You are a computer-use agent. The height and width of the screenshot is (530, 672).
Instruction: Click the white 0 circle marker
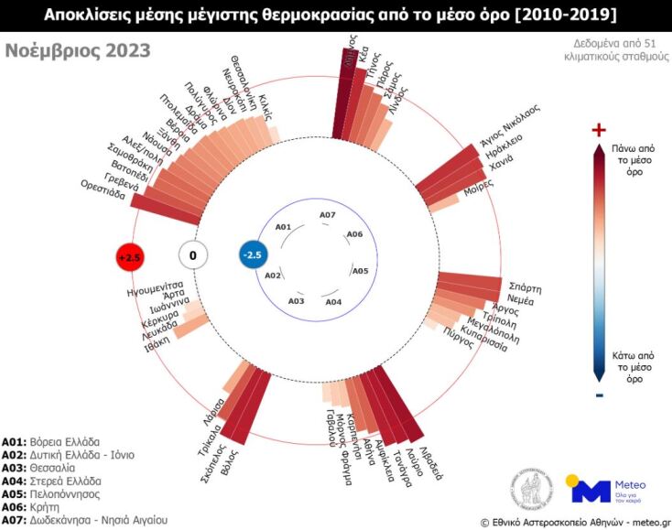(192, 256)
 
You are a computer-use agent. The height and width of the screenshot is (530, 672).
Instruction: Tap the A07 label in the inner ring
(328, 215)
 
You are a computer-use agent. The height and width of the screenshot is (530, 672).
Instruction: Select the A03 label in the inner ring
(296, 300)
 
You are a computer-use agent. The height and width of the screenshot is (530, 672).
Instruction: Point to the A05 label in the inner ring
(360, 271)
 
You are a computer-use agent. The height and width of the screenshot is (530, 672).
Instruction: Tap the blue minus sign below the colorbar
(599, 395)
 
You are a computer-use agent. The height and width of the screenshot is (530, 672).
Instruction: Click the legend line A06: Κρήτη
(38, 504)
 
